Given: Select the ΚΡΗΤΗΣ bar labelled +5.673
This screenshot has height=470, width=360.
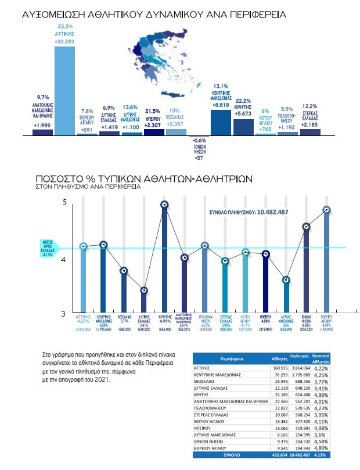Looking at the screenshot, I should [243, 127].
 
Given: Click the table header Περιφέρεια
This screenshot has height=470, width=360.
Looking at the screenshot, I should [232, 359].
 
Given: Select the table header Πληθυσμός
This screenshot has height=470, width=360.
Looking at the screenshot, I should [299, 357].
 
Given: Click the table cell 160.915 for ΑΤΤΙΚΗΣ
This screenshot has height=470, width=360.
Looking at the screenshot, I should [278, 368].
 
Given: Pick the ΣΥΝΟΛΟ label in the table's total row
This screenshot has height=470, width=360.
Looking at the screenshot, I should [232, 454].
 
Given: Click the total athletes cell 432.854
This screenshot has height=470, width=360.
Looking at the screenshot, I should [278, 454].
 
